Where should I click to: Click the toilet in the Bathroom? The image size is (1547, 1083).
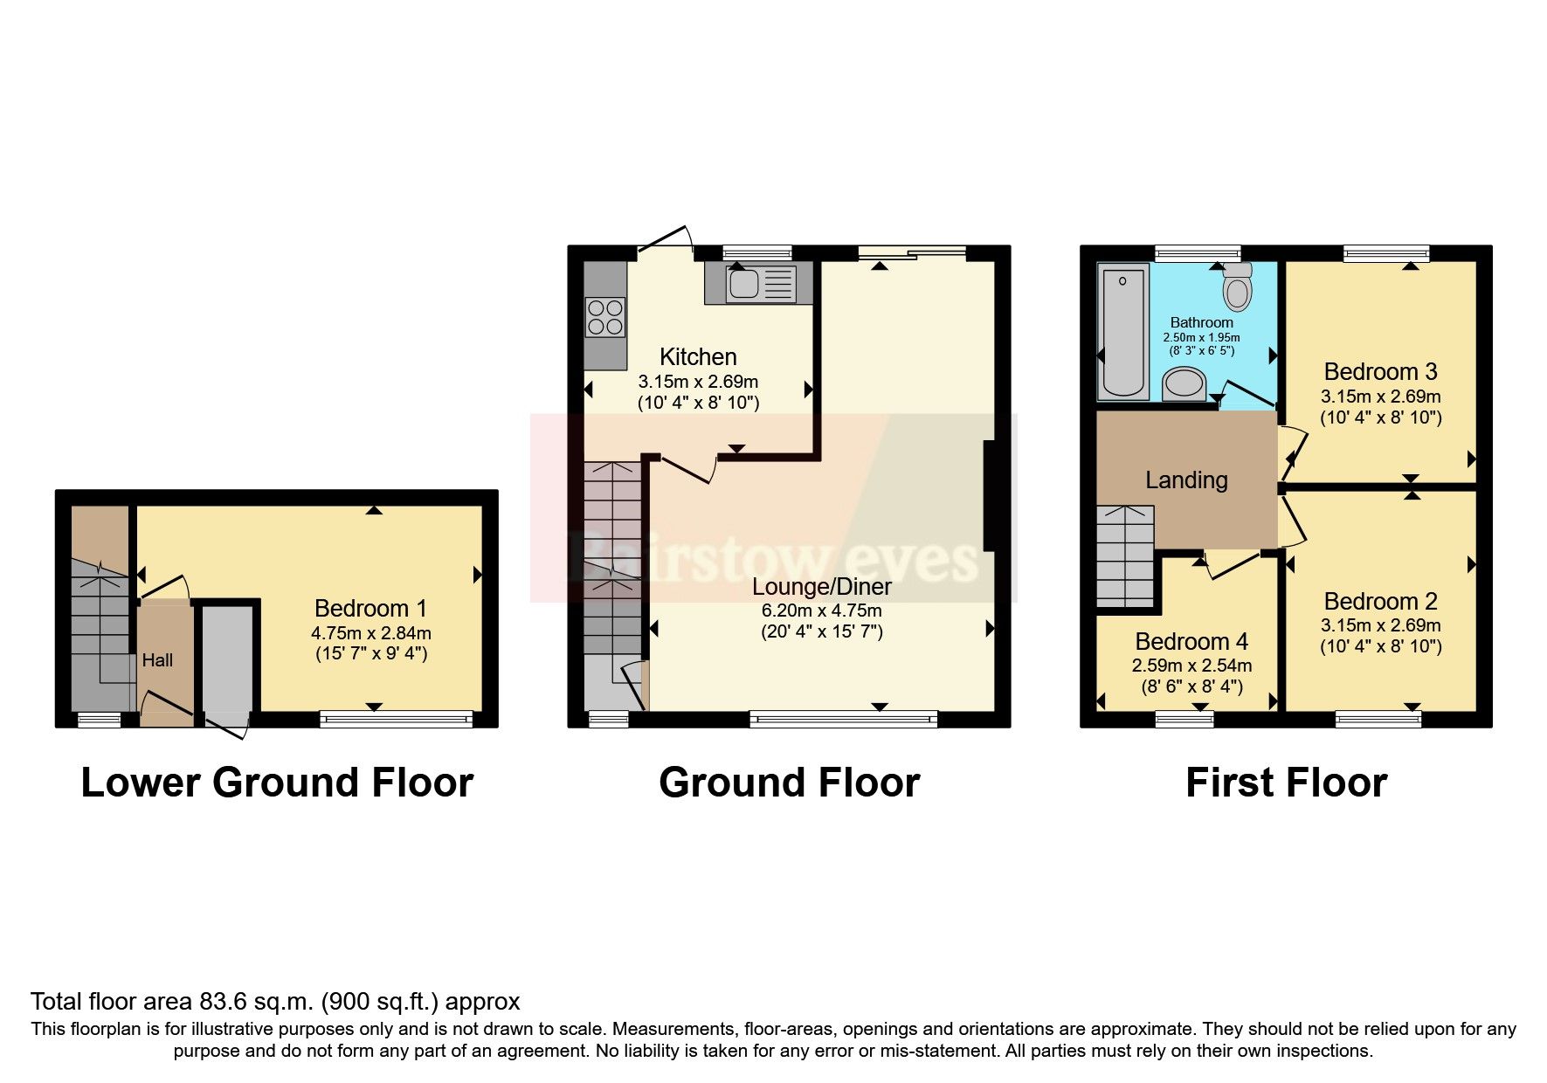(1238, 288)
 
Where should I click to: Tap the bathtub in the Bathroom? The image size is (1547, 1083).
(1122, 332)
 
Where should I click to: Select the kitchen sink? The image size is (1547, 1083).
(760, 283)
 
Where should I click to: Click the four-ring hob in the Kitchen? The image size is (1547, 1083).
(605, 317)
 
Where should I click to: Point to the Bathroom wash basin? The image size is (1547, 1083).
(1184, 383)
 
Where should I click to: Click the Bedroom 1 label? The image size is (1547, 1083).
(370, 608)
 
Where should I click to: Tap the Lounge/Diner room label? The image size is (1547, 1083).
(821, 587)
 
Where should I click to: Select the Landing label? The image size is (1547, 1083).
(1185, 479)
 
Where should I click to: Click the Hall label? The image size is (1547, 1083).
(157, 660)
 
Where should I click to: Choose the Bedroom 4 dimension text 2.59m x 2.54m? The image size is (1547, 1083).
(1191, 666)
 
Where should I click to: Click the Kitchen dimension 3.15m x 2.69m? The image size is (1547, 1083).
(697, 382)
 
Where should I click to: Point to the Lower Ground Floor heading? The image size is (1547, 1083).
(277, 783)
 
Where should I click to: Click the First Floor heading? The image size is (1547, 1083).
(1285, 783)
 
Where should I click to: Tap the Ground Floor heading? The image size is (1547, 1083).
(789, 783)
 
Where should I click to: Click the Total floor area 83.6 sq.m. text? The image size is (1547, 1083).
(275, 1001)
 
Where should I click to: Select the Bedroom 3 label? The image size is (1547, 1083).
(1379, 371)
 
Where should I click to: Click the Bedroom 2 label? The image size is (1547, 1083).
(1379, 601)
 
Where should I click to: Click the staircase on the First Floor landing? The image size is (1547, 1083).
(1124, 557)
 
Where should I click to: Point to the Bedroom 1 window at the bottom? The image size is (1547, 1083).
(396, 719)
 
